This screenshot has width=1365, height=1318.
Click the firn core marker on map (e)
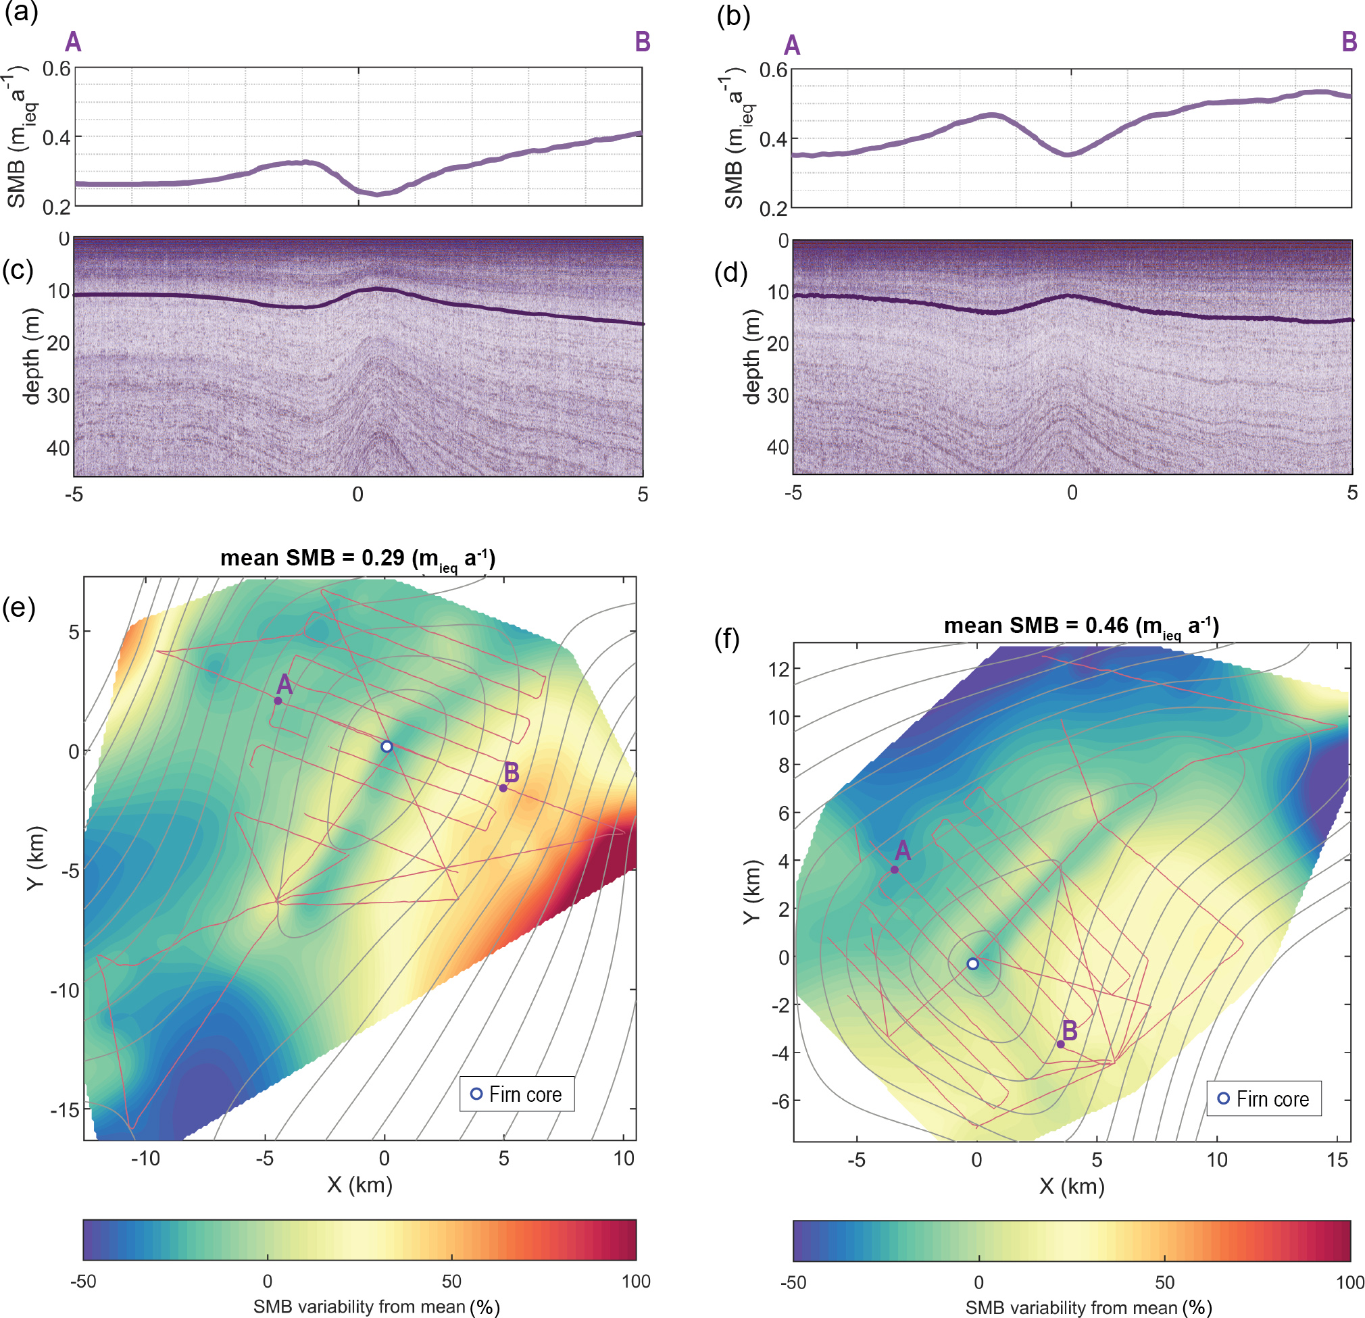[387, 746]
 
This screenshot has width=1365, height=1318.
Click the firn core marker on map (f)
[973, 963]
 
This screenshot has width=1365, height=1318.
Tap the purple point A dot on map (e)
[278, 701]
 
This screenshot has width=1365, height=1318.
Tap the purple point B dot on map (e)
[503, 788]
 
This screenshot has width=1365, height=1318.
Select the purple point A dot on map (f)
[894, 869]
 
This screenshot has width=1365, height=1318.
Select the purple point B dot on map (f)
[1061, 1044]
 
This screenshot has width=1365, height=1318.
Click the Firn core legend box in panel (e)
[517, 1094]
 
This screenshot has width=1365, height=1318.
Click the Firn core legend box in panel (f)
[1264, 1098]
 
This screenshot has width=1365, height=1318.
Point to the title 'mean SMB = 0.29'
[358, 559]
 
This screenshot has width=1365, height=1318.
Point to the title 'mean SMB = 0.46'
[1082, 626]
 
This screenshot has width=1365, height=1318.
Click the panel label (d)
[731, 272]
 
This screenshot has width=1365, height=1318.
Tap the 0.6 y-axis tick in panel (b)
[773, 70]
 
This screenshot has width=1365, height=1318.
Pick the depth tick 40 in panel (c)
[59, 448]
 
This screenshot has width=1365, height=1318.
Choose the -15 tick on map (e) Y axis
[66, 1109]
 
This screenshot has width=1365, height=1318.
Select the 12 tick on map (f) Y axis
[778, 669]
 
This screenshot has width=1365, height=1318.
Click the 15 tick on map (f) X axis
[1337, 1159]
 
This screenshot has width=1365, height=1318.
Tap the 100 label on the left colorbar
[636, 1281]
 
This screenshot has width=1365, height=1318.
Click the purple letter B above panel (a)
[642, 43]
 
